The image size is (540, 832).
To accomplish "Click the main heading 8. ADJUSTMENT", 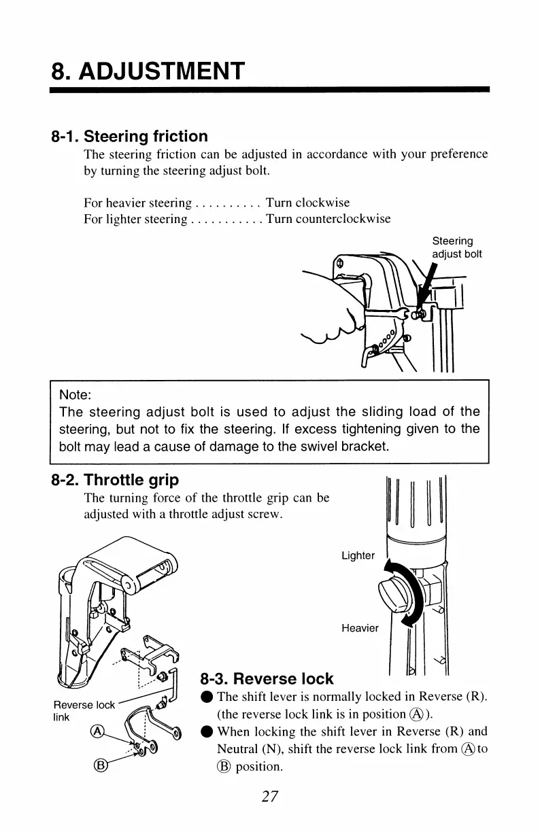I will (x=148, y=70).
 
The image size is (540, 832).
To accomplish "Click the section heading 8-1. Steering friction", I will (x=129, y=137).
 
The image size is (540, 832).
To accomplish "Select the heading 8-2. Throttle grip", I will (x=116, y=481).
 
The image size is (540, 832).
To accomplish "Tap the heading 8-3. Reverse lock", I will (x=267, y=678).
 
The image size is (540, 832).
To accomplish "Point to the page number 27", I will (x=270, y=797).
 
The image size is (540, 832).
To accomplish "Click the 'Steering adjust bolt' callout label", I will (x=457, y=247).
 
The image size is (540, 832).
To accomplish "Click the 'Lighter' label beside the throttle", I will (x=358, y=556).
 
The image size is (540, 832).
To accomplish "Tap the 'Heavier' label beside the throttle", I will (x=360, y=628).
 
